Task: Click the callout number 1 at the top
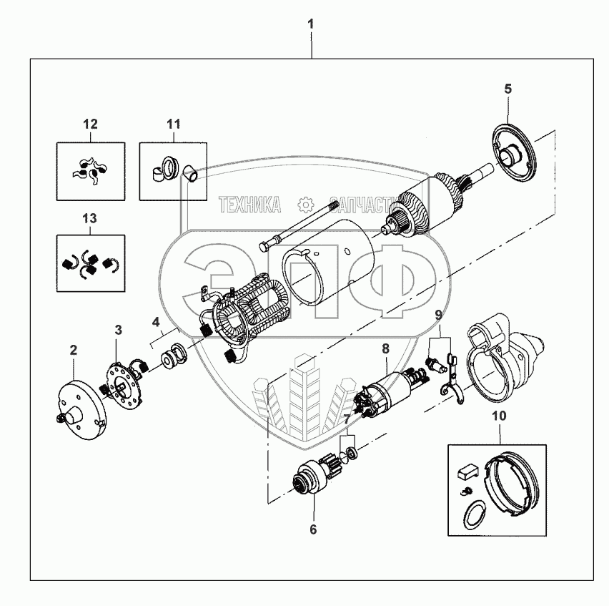point(311,24)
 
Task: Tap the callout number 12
point(90,124)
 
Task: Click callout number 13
point(91,218)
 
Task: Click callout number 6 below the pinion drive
point(312,530)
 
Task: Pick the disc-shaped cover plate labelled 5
point(515,154)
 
